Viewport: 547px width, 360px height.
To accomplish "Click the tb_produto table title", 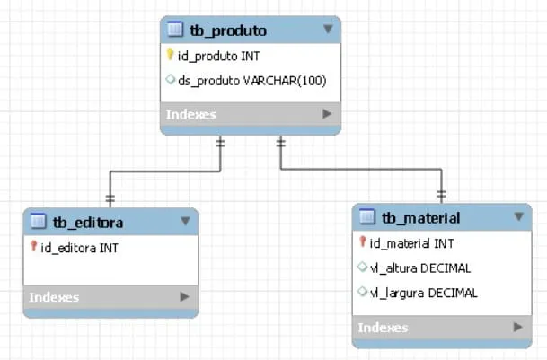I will [228, 31].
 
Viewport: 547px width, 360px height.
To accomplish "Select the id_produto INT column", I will [219, 56].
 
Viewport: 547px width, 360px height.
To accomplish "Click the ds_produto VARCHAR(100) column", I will [251, 81].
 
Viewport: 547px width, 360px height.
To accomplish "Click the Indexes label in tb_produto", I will [190, 114].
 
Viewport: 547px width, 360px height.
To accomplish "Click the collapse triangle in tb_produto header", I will [328, 30].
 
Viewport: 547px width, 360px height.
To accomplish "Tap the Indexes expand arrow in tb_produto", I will [327, 114].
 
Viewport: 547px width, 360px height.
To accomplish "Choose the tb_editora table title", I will [88, 222].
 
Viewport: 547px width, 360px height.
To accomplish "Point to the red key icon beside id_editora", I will [33, 247].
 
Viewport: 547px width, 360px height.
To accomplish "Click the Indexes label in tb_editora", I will [54, 297].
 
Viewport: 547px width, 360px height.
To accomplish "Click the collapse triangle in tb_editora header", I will [185, 221].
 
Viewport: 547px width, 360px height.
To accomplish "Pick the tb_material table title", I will [420, 217].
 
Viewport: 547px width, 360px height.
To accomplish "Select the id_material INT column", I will [412, 242].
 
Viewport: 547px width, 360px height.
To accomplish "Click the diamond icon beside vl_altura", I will [362, 268].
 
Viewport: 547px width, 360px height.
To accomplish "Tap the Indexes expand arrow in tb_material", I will [517, 328].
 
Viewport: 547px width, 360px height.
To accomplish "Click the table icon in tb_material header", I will [366, 217].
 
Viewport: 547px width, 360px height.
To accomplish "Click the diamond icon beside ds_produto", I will [171, 81].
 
